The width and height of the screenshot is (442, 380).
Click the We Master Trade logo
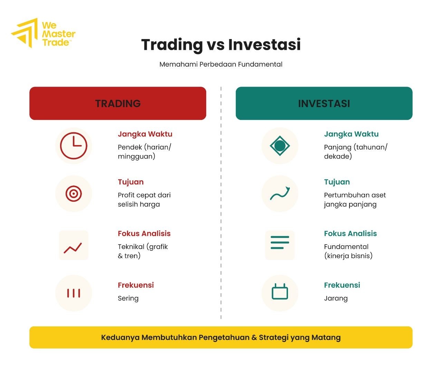click(43, 34)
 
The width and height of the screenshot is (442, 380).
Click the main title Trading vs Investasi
click(221, 45)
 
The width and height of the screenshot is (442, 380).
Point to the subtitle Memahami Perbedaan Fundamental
click(221, 64)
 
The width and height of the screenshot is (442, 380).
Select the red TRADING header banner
click(118, 103)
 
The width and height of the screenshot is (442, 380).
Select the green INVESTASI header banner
click(324, 103)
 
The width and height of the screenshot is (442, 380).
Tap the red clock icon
click(74, 145)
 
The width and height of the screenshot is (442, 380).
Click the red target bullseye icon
click(74, 193)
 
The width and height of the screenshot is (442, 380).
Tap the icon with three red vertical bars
click(74, 293)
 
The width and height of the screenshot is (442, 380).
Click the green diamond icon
click(280, 145)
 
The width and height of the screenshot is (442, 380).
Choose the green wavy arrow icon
click(280, 194)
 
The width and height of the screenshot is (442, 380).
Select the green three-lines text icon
click(280, 243)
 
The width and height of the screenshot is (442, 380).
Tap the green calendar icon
click(280, 292)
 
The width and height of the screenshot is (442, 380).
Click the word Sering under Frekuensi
click(128, 298)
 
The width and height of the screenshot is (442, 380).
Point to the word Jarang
click(336, 298)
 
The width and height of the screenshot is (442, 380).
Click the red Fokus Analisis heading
click(144, 234)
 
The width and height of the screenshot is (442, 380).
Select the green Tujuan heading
click(337, 182)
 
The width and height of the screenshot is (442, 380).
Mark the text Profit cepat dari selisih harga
click(144, 200)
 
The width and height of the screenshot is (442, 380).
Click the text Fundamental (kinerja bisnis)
click(348, 251)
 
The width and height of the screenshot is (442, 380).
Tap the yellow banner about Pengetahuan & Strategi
click(221, 338)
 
